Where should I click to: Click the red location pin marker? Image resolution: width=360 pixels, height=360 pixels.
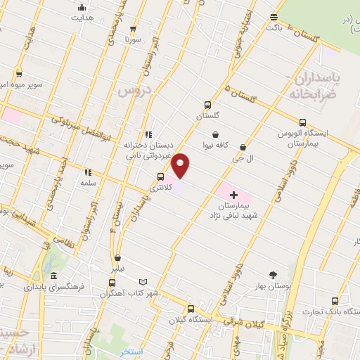[x=181, y=165]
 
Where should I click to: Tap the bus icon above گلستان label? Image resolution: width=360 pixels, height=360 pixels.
[x=207, y=104]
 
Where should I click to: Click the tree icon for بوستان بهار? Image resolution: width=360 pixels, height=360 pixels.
[x=274, y=275]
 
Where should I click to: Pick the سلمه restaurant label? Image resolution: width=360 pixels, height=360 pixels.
[x=87, y=182]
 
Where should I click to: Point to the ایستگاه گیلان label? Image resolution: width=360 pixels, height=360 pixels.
[x=191, y=320]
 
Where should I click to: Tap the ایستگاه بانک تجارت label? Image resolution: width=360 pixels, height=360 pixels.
[x=331, y=310]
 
